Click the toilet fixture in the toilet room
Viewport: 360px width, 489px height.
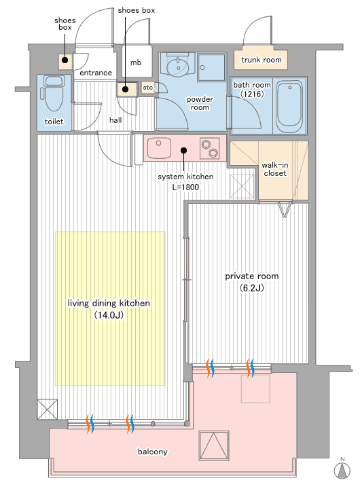tap(54, 93)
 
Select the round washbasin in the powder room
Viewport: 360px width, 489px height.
tap(178, 66)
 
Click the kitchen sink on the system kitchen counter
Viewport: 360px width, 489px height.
tap(159, 148)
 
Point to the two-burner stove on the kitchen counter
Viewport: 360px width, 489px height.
tap(209, 148)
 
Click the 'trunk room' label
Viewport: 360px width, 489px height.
tap(262, 60)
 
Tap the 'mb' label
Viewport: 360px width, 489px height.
tap(136, 62)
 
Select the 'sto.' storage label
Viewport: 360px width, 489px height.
tap(149, 88)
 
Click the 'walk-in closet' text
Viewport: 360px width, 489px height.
tap(275, 169)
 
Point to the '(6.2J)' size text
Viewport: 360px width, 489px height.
tap(251, 288)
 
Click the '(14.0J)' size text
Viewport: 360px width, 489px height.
tap(109, 315)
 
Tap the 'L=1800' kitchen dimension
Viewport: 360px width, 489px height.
tap(185, 187)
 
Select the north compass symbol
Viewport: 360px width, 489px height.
tap(342, 469)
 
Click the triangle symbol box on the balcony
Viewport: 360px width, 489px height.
tap(214, 446)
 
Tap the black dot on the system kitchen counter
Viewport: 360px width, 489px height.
tap(184, 151)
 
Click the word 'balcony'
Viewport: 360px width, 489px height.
tap(153, 452)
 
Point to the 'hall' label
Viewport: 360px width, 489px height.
tap(115, 120)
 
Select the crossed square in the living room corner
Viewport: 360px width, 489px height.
tap(47, 409)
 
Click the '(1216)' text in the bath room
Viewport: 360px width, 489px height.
tap(252, 94)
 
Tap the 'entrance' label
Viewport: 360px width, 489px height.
tap(96, 73)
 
